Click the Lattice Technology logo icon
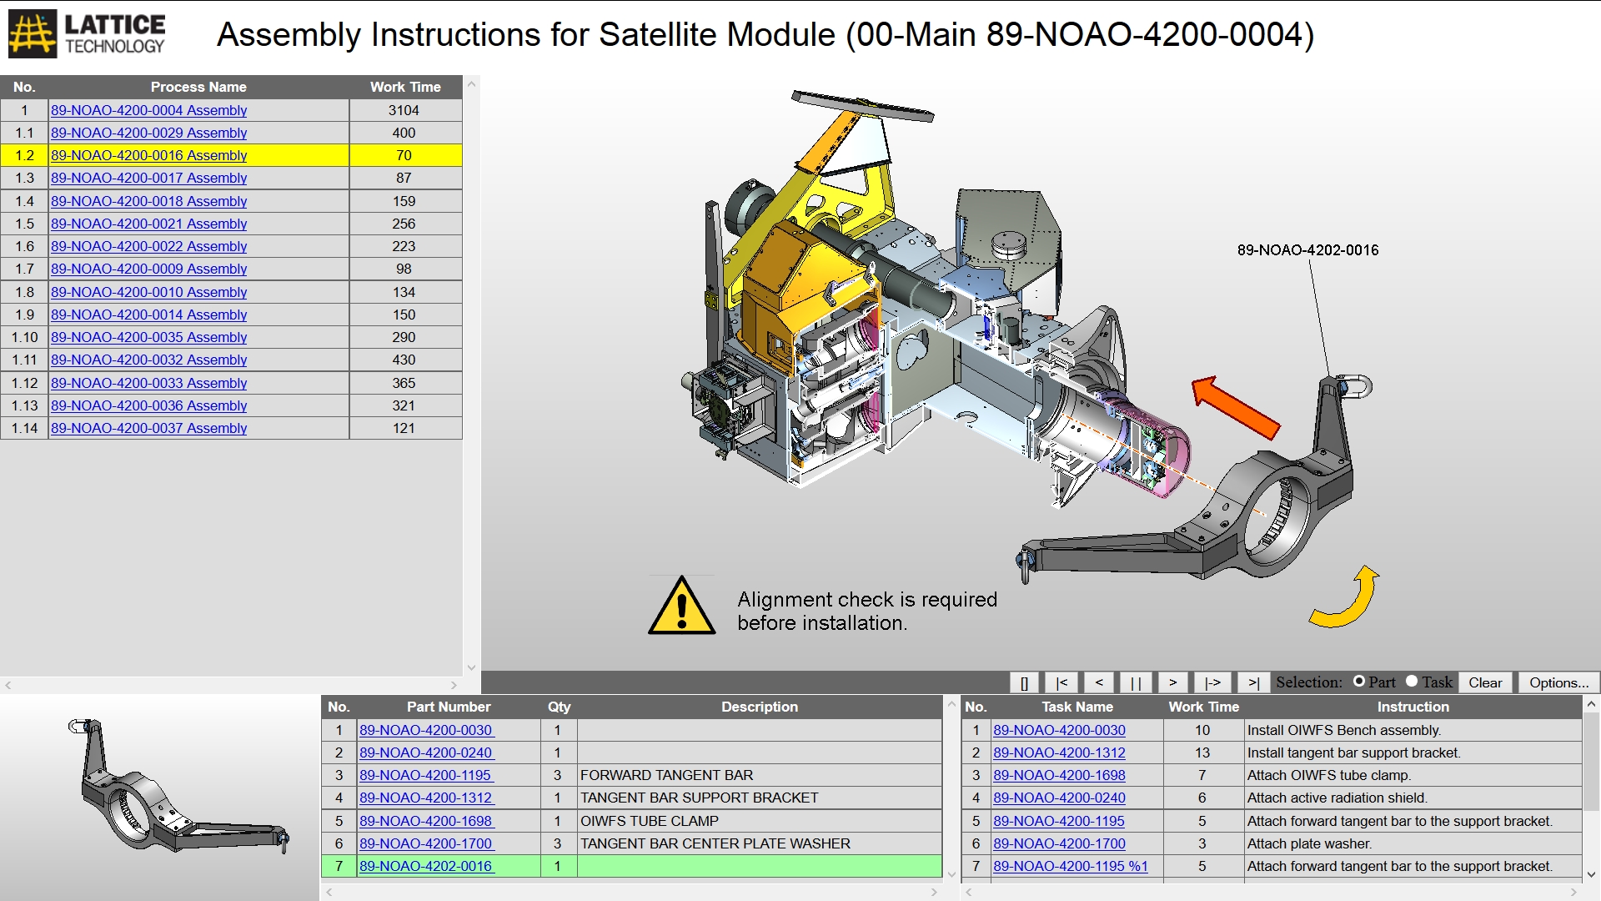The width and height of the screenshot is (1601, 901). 33,34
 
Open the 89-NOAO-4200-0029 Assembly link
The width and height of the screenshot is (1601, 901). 148,133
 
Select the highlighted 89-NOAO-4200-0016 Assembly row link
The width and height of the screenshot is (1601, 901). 148,155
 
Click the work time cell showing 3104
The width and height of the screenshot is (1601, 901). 404,110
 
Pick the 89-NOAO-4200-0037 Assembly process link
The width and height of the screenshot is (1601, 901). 148,428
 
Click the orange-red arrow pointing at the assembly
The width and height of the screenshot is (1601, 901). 1236,407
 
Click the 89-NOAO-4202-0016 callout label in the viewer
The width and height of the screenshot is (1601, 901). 1307,250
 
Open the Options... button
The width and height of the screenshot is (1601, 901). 1558,682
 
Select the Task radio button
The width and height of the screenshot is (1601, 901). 1412,682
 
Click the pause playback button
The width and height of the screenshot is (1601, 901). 1136,682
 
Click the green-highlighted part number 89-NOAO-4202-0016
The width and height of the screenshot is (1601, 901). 426,866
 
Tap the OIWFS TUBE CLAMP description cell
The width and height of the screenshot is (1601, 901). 650,821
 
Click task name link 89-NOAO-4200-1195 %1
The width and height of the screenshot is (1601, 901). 1070,866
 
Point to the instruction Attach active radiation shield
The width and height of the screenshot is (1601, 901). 1337,798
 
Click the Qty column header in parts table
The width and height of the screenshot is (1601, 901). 559,707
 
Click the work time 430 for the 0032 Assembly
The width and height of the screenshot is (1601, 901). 404,360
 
